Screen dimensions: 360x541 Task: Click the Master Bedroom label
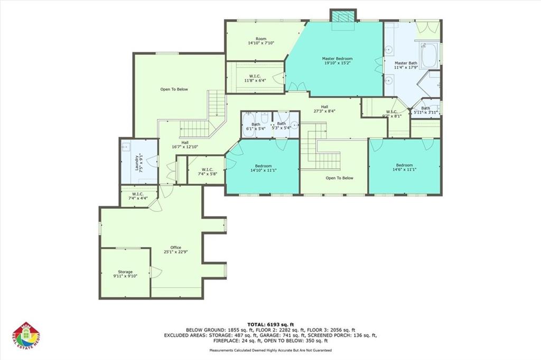[337, 59]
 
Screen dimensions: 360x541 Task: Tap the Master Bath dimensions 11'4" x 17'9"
[406, 68]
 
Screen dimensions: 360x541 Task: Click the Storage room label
[125, 272]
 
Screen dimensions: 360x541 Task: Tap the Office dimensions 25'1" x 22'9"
[175, 252]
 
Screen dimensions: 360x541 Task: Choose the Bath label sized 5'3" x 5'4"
[281, 124]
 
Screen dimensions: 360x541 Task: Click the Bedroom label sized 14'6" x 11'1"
[405, 165]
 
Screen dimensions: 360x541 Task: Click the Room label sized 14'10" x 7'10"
[260, 39]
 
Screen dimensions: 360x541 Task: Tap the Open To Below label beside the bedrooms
[339, 178]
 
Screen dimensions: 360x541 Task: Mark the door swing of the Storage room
[155, 273]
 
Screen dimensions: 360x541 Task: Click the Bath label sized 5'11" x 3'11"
[426, 108]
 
